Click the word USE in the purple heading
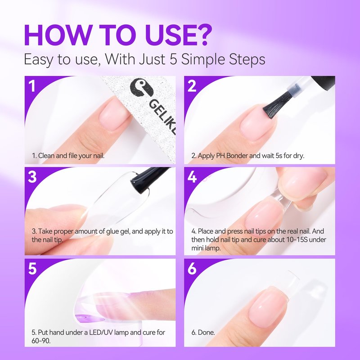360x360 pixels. tap(166, 35)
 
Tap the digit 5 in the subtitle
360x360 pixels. tap(174, 59)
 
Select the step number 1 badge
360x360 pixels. tap(31, 86)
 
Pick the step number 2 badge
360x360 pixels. tap(192, 86)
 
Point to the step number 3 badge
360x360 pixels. tap(32, 177)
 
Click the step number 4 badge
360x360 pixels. tap(192, 177)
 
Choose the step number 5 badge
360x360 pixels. tap(32, 268)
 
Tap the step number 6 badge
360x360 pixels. tap(192, 268)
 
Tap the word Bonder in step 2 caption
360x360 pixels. tap(238, 156)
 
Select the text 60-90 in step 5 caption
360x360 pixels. tap(40, 341)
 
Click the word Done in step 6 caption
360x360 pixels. tap(206, 333)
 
